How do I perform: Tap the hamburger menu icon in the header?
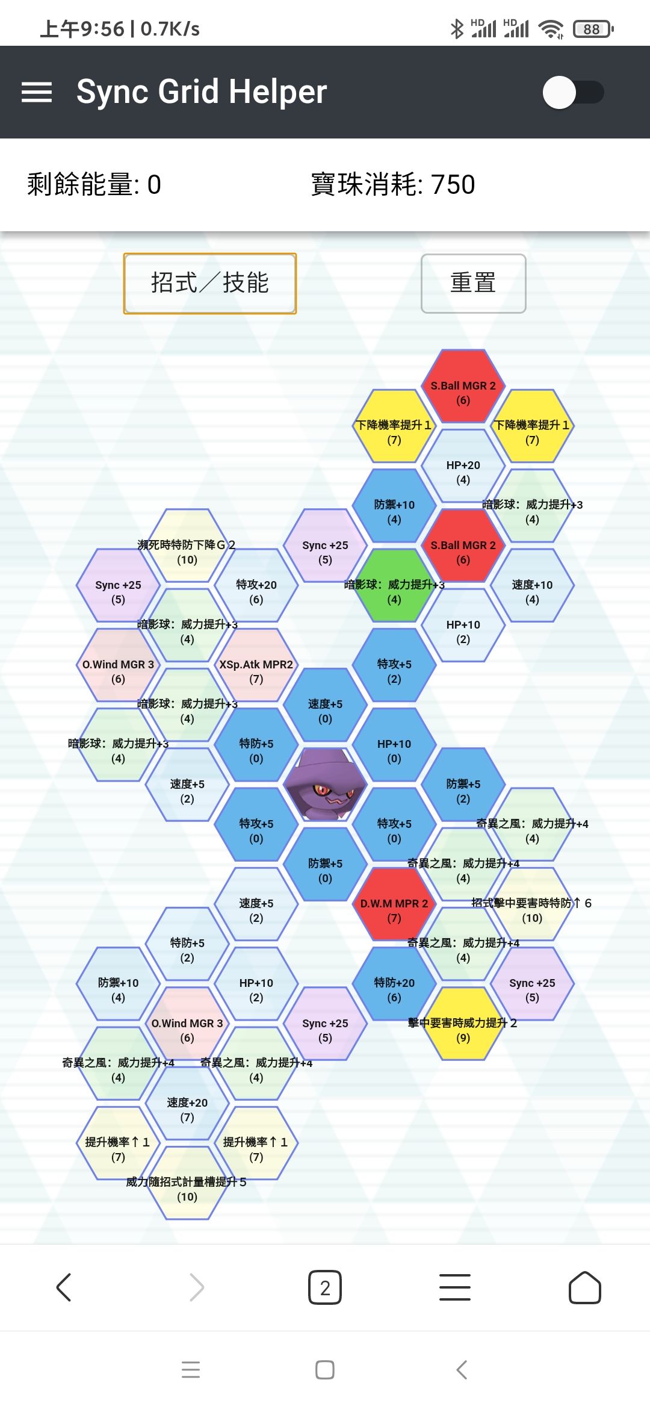point(37,92)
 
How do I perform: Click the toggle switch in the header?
point(573,92)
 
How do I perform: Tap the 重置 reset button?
point(473,283)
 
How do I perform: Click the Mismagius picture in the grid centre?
point(325,784)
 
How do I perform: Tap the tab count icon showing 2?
point(325,1288)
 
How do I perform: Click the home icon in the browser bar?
point(585,1288)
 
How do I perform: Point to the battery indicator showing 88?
point(593,29)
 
